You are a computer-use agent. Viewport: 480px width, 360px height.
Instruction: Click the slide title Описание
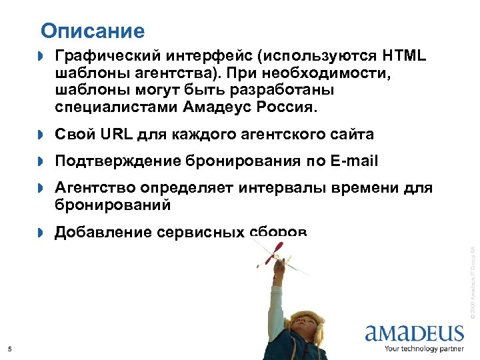click(92, 31)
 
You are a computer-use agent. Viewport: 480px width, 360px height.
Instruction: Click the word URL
click(118, 135)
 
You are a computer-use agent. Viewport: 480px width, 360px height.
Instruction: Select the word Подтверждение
click(118, 161)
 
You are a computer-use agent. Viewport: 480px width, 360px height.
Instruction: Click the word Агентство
click(94, 189)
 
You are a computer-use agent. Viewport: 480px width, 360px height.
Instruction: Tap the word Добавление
click(103, 232)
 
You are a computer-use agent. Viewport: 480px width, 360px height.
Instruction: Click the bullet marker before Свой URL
click(39, 135)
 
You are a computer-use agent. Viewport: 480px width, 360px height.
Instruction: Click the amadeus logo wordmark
click(414, 333)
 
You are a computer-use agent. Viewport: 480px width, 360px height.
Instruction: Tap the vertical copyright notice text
click(471, 280)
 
